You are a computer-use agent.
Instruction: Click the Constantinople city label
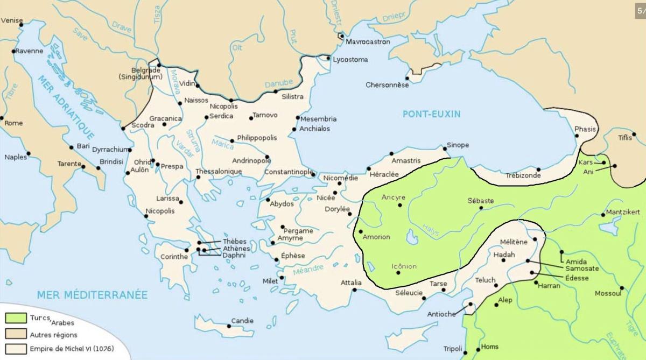(289, 172)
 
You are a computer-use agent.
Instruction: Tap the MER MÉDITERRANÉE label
(92, 295)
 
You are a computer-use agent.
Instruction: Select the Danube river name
(278, 84)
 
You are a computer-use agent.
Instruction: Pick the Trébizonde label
(523, 176)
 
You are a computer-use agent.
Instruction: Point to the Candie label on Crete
(242, 321)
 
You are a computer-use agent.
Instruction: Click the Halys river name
(431, 230)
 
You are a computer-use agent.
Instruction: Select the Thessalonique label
(219, 172)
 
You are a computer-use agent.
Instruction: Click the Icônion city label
(404, 266)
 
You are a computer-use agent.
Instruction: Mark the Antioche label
(441, 314)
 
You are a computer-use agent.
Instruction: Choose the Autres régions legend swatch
(16, 334)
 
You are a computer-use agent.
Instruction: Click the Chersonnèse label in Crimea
(384, 85)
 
